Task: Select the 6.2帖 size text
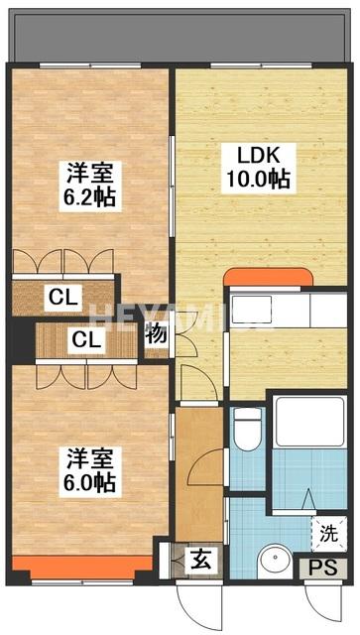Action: click(x=91, y=196)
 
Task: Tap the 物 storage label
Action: click(x=157, y=334)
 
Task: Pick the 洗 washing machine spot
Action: click(x=326, y=532)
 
